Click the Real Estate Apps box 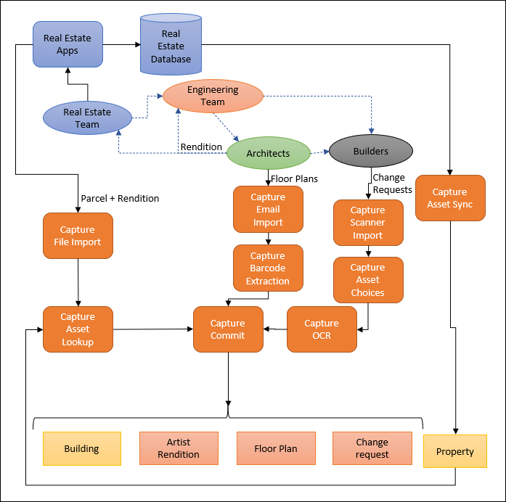68,44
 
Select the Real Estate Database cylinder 171,46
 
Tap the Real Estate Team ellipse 87,118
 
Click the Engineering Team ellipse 213,96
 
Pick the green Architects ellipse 268,153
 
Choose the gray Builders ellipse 370,152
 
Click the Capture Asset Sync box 449,198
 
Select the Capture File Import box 78,236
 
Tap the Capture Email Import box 268,210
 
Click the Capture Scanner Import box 367,223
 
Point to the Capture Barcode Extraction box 268,268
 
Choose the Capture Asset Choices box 367,280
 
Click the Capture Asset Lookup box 78,329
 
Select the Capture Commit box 228,329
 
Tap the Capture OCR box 322,329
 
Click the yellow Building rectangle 81,449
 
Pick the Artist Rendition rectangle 179,448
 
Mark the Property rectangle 455,451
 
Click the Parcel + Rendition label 120,198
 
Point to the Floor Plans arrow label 295,178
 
